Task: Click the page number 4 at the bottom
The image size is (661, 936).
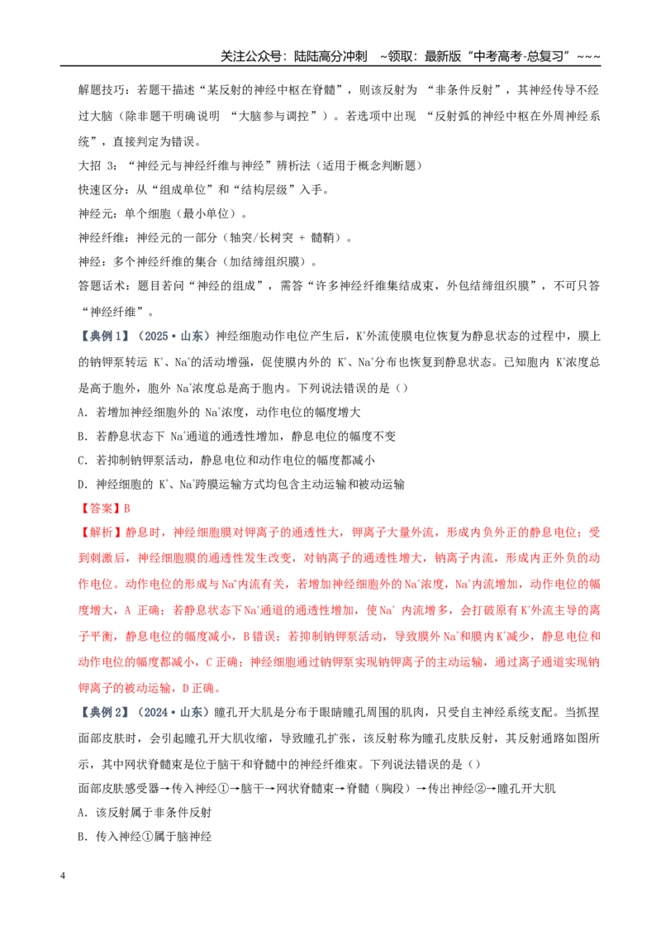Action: [x=64, y=876]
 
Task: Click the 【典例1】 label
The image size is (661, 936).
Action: [x=104, y=337]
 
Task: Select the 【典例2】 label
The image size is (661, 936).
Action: [x=104, y=712]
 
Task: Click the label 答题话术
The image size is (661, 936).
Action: [x=101, y=286]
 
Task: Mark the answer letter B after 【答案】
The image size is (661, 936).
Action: [x=126, y=509]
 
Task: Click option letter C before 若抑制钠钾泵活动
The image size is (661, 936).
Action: [x=82, y=461]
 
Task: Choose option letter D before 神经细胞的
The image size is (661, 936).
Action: [x=82, y=485]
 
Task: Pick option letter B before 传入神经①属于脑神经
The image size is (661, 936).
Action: [x=82, y=837]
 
